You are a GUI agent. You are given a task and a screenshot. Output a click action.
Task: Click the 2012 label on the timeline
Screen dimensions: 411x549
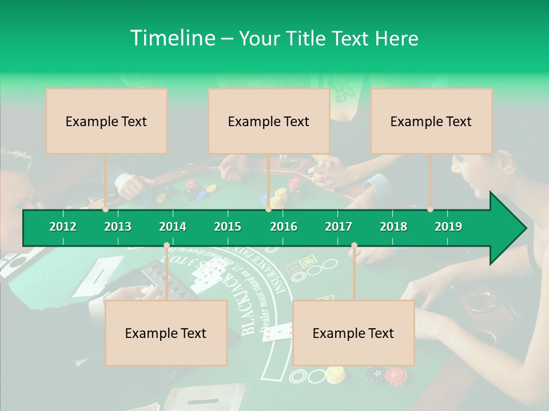click(63, 227)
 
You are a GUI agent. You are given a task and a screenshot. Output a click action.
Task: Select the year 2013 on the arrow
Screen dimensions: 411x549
click(118, 227)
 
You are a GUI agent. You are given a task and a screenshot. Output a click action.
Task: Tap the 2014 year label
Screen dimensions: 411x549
click(173, 227)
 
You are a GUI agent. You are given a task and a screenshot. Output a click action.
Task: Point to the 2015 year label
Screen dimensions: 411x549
click(228, 227)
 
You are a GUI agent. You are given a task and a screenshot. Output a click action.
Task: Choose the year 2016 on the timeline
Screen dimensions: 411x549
click(284, 227)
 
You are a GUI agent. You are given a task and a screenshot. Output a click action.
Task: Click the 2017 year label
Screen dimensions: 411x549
click(339, 227)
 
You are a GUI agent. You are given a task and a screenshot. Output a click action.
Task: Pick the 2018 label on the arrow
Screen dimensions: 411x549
click(393, 227)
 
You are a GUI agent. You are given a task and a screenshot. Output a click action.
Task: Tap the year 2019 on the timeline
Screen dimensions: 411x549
click(448, 227)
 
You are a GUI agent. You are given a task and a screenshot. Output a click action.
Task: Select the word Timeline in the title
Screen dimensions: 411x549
click(172, 38)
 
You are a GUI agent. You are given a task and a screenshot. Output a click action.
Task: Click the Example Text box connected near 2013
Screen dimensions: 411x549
click(106, 121)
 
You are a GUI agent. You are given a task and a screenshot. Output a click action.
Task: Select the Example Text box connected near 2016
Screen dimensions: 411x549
click(269, 121)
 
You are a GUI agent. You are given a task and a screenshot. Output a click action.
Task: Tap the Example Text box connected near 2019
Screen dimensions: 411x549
click(431, 121)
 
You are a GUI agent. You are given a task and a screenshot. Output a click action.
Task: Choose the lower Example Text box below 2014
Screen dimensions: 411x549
click(166, 333)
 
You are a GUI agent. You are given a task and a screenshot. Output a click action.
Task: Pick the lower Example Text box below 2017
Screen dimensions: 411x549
click(353, 333)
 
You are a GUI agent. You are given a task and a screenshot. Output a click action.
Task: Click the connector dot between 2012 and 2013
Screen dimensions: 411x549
click(105, 209)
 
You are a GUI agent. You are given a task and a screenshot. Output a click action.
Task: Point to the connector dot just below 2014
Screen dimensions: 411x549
click(166, 245)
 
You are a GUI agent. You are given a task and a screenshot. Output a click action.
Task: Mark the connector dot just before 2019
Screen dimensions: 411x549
click(430, 209)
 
